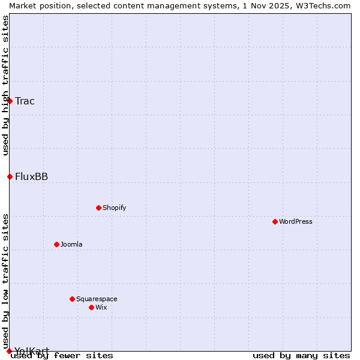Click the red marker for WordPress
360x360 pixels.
[x=275, y=221]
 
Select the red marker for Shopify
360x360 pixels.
[x=98, y=208]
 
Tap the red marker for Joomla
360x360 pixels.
[x=56, y=244]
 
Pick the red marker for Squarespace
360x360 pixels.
[x=72, y=299]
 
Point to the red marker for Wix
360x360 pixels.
[x=91, y=307]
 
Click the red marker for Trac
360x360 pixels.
[x=10, y=101]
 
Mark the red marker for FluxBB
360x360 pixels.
[x=10, y=176]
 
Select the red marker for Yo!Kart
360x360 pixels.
[x=9, y=351]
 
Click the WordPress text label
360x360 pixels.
[x=296, y=221]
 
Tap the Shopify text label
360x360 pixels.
[x=115, y=208]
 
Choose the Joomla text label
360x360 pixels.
[x=71, y=244]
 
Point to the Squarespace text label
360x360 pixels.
[x=97, y=299]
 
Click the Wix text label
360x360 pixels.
[x=101, y=307]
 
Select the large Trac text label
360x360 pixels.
[x=25, y=101]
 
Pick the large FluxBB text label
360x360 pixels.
[x=31, y=176]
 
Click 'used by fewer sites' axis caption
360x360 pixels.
[x=62, y=355]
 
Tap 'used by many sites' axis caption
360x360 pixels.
[x=301, y=355]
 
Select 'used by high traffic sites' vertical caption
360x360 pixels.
[x=5, y=85]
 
